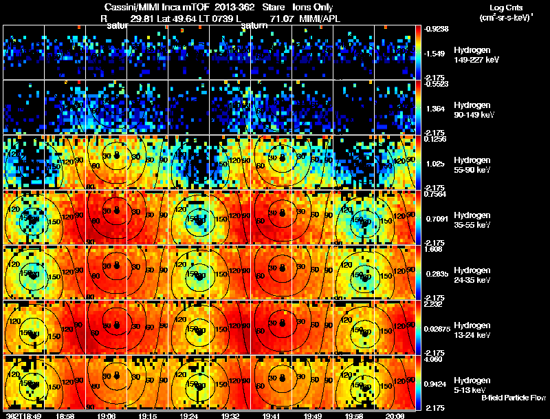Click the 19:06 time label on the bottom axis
coord(107,416)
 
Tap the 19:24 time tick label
coord(189,416)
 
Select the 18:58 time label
coord(65,416)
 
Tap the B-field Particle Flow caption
coord(514,398)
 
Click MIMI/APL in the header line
coord(322,19)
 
